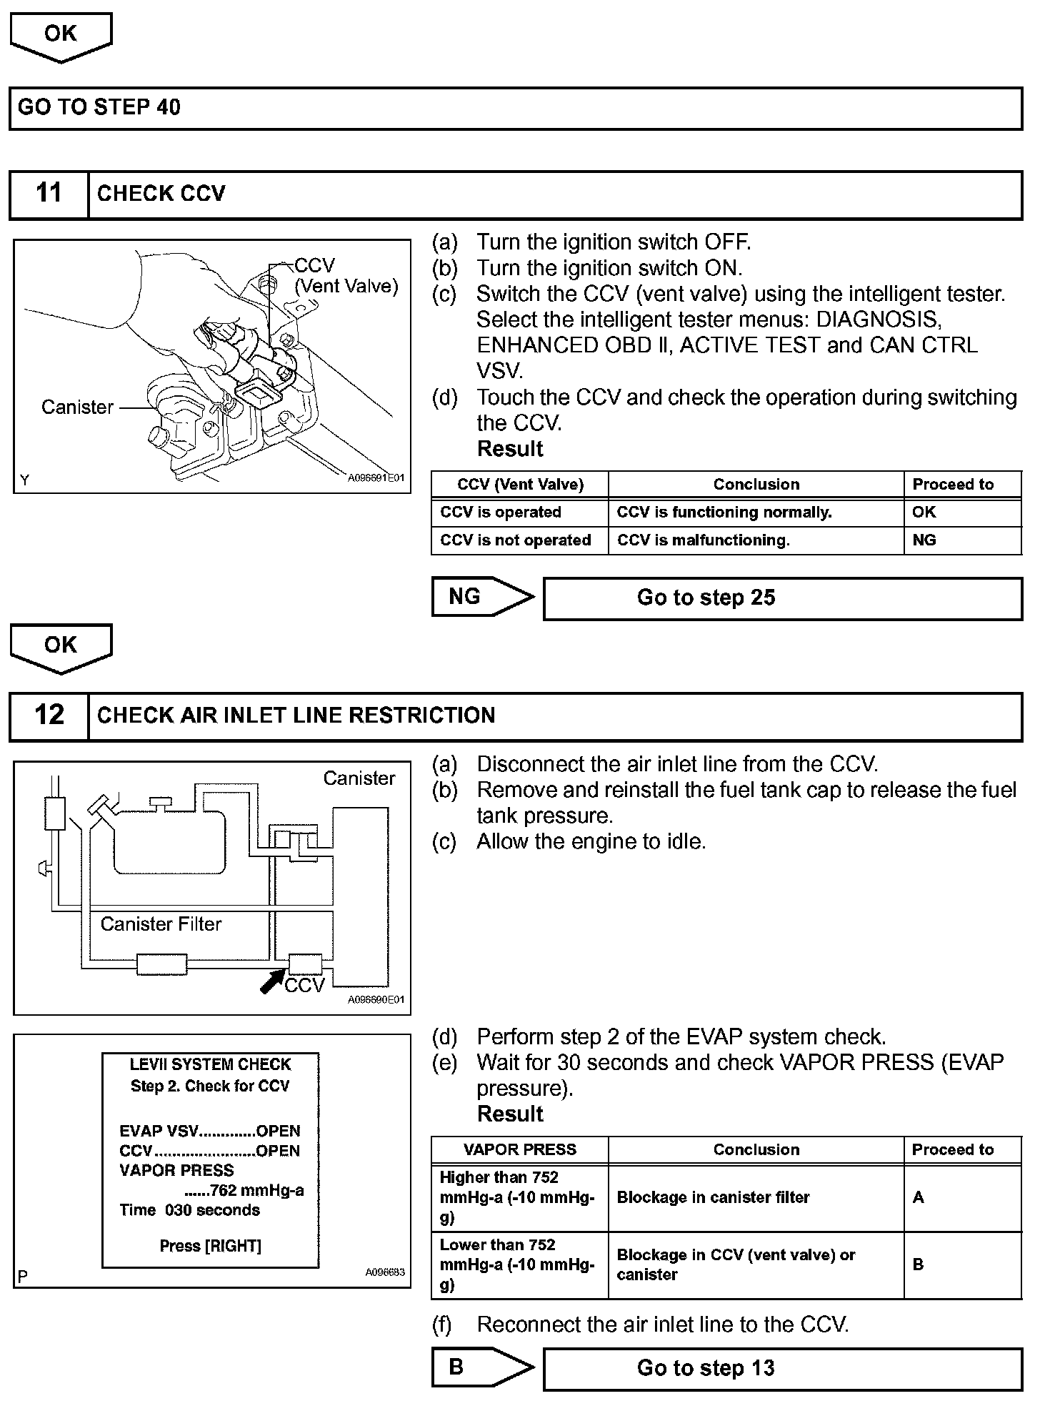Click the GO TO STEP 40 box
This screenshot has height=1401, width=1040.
click(516, 108)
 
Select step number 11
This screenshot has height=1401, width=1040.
click(49, 194)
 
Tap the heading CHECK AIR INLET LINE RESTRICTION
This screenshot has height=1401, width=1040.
click(296, 716)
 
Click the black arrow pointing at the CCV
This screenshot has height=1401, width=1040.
click(272, 981)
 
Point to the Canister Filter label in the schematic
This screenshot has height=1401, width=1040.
click(161, 924)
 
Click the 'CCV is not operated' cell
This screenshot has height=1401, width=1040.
click(516, 540)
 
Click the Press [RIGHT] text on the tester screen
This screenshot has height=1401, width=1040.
click(210, 1246)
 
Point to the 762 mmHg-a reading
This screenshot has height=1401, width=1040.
click(244, 1190)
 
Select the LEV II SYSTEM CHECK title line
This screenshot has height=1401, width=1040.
click(210, 1064)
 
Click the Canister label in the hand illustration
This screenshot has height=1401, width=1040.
click(77, 407)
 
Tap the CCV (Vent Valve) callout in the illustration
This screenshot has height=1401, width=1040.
click(346, 276)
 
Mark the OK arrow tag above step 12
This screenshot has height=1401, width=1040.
click(61, 646)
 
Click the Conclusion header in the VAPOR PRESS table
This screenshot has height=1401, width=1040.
click(755, 1149)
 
